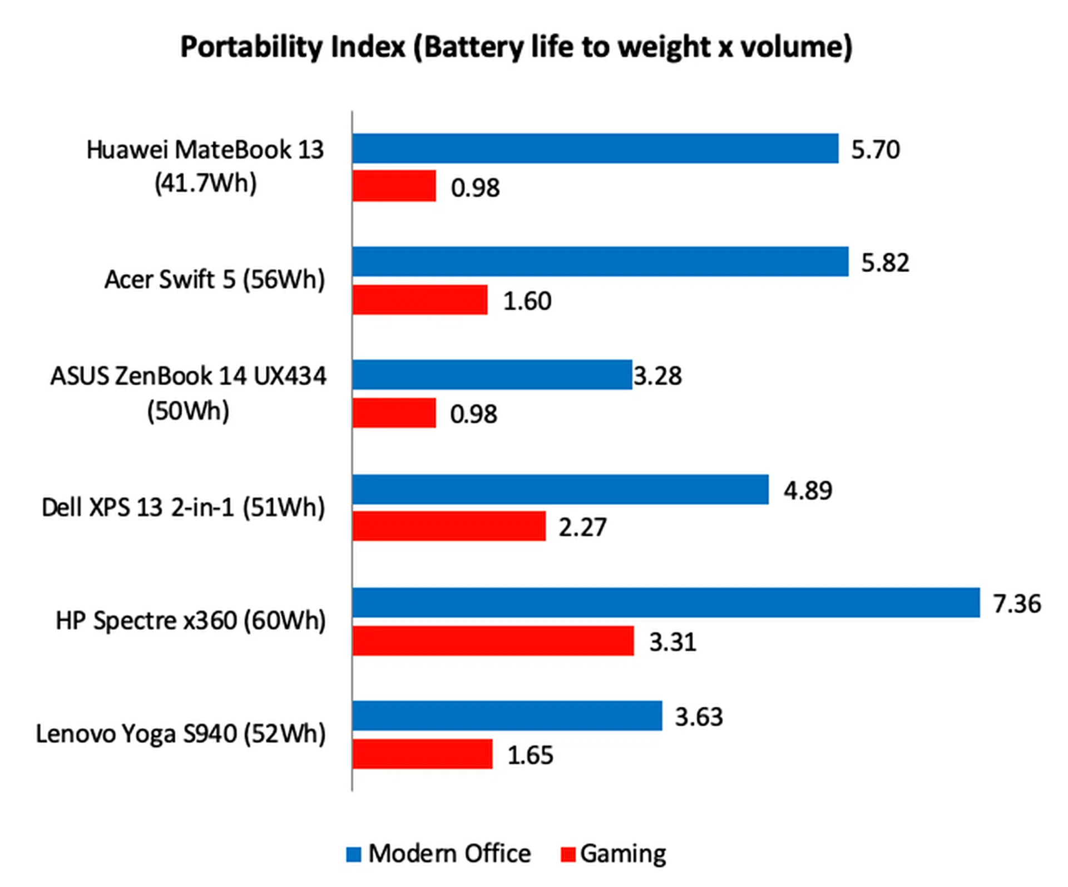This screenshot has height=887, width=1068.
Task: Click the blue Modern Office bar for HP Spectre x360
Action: (x=666, y=603)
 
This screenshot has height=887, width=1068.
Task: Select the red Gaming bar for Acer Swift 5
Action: (x=420, y=300)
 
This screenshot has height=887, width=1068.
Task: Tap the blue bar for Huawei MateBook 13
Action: (x=595, y=149)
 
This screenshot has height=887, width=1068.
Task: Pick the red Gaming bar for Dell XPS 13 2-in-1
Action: (x=449, y=526)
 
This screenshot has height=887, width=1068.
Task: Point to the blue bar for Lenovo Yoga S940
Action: (x=507, y=716)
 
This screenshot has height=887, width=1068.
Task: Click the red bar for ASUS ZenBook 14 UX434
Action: (x=394, y=413)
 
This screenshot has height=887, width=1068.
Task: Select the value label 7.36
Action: (x=1017, y=604)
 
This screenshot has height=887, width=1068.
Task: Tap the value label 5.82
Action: (x=885, y=263)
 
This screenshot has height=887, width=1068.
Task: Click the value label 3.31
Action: (x=673, y=642)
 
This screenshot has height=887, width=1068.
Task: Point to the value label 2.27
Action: (x=582, y=527)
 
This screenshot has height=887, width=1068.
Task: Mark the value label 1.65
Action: (x=530, y=755)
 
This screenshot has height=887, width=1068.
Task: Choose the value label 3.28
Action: (x=657, y=376)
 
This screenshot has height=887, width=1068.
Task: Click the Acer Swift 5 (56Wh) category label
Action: (x=215, y=279)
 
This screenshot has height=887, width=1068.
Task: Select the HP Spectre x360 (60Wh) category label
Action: (x=191, y=620)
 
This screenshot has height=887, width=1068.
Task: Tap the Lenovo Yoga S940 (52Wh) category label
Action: (x=181, y=734)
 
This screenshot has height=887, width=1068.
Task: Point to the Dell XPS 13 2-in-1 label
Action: (x=183, y=507)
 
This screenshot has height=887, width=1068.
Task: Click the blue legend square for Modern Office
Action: (x=354, y=854)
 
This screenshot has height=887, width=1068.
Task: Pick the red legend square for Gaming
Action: (x=567, y=854)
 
